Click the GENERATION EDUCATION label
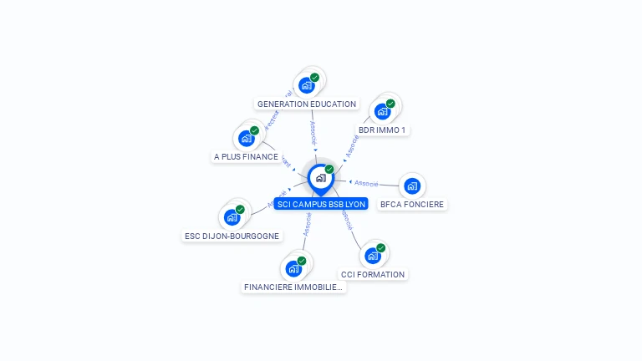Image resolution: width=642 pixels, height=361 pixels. [307, 104]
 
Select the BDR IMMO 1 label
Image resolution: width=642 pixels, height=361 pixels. [382, 130]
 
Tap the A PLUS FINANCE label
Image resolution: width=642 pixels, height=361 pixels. [246, 156]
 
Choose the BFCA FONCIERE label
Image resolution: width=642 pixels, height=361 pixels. [412, 204]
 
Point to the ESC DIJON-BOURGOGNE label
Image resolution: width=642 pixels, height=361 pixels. [232, 236]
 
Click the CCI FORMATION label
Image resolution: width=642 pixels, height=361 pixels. [373, 274]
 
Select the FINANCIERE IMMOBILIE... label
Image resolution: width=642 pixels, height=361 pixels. [293, 287]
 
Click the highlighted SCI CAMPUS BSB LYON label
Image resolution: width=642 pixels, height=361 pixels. [321, 204]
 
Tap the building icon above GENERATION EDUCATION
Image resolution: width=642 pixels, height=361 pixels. [307, 85]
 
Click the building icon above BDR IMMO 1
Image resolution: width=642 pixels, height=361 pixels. [383, 111]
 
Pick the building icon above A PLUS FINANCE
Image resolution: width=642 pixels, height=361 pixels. [247, 138]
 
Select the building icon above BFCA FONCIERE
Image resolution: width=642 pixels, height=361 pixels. [412, 186]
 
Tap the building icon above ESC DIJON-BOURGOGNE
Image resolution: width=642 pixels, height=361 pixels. [232, 217]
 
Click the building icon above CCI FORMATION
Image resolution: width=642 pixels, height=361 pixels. [373, 256]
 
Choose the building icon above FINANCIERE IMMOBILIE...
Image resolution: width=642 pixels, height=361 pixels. [293, 268]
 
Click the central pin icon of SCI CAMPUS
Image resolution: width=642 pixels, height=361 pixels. [320, 178]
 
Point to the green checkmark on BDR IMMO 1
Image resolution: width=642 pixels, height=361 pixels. [390, 104]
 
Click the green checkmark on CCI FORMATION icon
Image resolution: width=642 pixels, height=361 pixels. [380, 248]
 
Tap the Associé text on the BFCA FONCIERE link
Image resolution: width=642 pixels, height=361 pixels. [366, 183]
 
